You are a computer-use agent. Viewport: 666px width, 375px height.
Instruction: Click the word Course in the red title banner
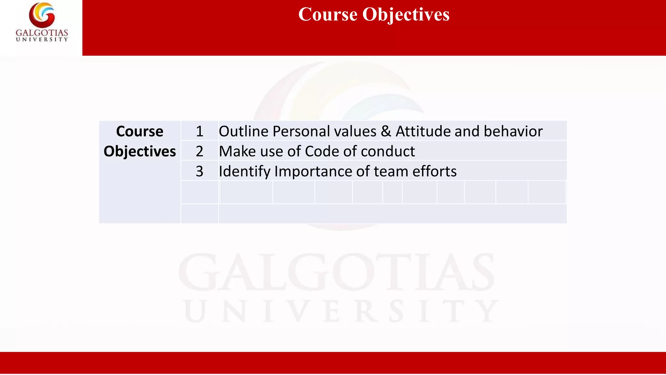point(328,15)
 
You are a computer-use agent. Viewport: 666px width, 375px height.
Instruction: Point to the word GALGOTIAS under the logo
point(42,33)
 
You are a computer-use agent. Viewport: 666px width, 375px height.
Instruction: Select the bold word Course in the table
point(140,132)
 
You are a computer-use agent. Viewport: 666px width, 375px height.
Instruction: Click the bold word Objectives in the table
point(140,151)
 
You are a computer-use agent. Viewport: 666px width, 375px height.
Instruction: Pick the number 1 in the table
point(199,132)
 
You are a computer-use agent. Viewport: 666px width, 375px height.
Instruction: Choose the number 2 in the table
point(199,151)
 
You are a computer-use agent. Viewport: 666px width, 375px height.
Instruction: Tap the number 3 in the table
point(199,171)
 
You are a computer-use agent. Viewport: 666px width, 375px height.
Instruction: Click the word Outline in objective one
point(244,132)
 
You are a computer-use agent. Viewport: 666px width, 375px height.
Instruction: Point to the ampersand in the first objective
point(386,132)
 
